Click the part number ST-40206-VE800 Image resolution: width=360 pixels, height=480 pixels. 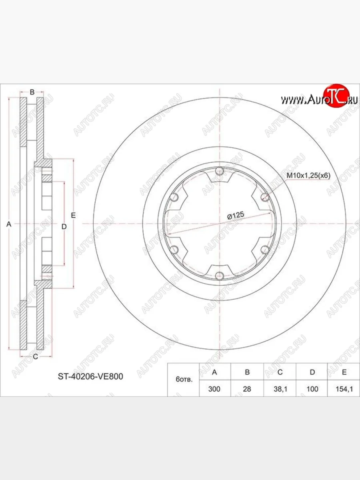90,376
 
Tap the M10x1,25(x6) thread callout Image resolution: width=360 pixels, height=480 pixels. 308,175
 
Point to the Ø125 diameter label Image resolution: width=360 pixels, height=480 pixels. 236,216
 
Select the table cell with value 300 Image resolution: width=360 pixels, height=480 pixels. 214,389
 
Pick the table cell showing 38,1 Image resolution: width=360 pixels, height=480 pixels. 280,389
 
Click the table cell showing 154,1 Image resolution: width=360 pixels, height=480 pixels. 344,389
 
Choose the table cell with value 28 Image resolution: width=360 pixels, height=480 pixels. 247,389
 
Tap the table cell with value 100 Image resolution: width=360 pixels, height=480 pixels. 312,389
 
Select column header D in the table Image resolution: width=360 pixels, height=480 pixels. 312,372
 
